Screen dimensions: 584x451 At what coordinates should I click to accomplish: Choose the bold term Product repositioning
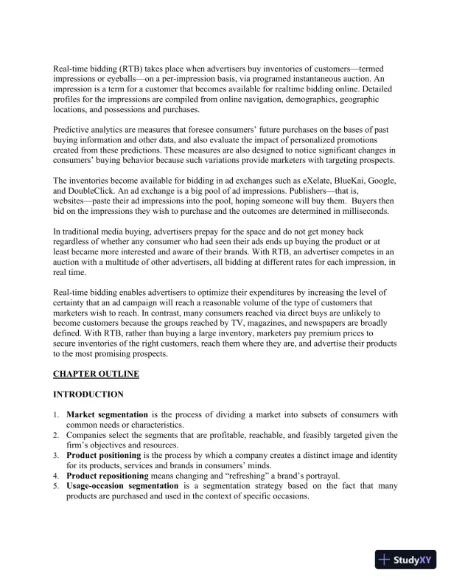click(115, 476)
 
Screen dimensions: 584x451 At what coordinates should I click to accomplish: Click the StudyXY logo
click(408, 560)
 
